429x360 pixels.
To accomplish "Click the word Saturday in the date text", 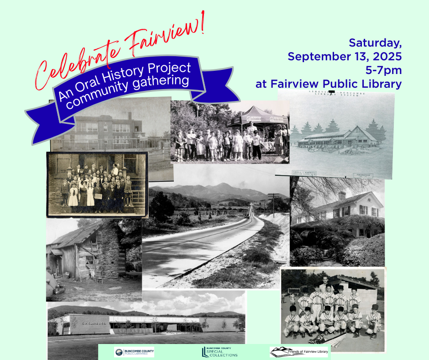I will click(375, 43).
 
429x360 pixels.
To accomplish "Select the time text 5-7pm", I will click(383, 70).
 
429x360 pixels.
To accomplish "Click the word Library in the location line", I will click(384, 84).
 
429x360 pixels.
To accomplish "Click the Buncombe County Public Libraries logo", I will click(135, 352).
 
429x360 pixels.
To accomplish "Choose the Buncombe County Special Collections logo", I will click(220, 352).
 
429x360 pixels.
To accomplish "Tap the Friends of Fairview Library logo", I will click(299, 352).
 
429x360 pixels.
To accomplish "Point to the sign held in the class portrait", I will click(98, 196).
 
